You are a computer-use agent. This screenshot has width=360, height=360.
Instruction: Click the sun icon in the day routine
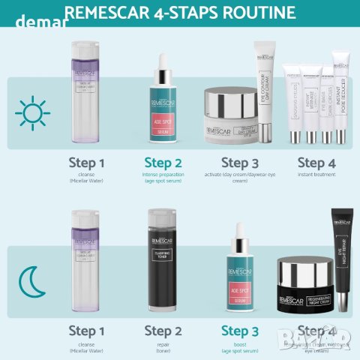coord(32,114)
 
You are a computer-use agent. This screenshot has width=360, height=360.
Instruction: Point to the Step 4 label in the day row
coord(316,163)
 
